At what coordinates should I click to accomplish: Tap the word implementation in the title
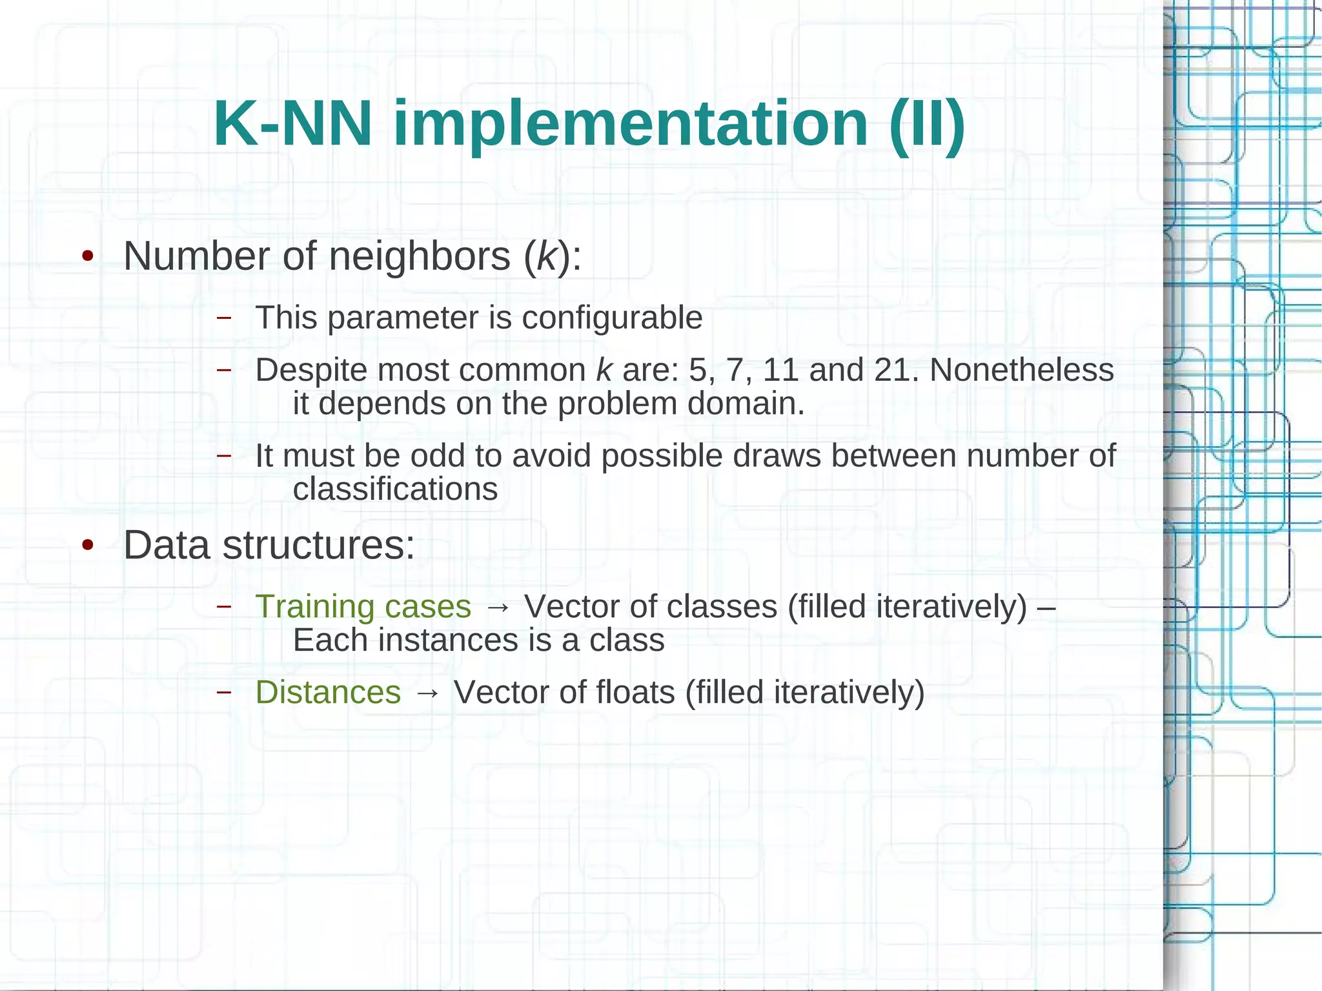[630, 124]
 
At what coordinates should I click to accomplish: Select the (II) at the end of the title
[926, 124]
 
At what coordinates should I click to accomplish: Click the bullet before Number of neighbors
[88, 257]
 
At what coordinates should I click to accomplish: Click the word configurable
[611, 318]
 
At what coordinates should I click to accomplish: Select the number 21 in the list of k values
[894, 370]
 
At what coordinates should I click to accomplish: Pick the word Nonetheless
[1022, 370]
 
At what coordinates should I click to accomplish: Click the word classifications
[395, 489]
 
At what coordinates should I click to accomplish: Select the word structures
[318, 546]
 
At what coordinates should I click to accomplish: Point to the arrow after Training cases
[498, 608]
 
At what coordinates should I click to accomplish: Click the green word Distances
[328, 692]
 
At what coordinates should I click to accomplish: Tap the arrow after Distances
[427, 693]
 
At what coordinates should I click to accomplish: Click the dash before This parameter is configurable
[224, 318]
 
